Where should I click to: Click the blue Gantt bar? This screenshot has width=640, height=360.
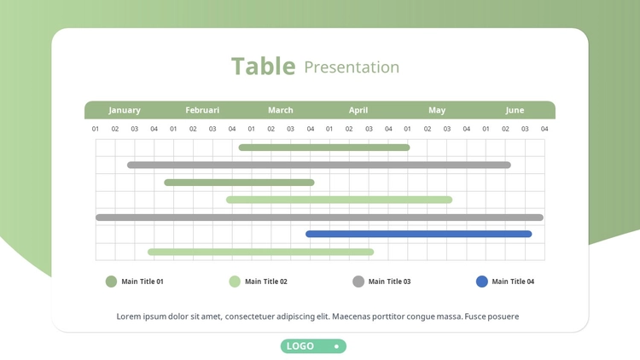(419, 234)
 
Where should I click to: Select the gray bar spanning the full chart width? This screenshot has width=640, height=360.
(320, 218)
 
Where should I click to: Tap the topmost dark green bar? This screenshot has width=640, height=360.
(324, 148)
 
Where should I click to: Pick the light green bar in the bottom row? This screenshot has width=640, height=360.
(261, 252)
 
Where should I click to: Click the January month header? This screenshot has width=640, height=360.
(125, 110)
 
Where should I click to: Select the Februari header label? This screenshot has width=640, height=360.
(202, 110)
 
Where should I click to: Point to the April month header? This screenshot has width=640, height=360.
(358, 110)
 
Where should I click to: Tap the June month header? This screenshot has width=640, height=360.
(515, 110)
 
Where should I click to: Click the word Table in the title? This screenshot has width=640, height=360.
(264, 67)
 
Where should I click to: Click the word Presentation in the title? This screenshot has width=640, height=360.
(352, 67)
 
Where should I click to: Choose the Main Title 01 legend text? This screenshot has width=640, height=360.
(143, 282)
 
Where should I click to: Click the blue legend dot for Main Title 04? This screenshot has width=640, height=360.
(482, 282)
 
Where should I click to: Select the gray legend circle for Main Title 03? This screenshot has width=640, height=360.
(358, 282)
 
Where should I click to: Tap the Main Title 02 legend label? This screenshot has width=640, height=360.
(266, 282)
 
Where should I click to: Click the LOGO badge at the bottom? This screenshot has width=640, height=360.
(313, 346)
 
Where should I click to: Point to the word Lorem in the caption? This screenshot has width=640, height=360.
(129, 316)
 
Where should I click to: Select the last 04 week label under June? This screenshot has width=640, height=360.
(544, 129)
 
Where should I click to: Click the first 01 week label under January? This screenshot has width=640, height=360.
(95, 129)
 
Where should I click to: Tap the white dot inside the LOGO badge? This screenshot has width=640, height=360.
(337, 346)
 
